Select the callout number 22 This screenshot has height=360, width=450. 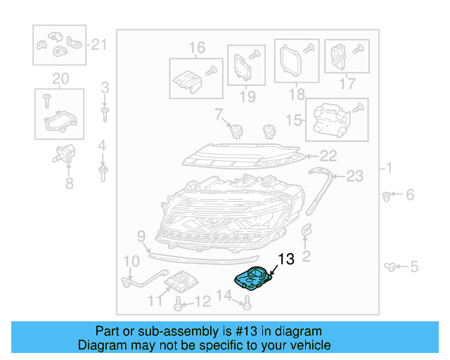pyautogui.click(x=328, y=156)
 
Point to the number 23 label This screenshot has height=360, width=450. pyautogui.click(x=354, y=176)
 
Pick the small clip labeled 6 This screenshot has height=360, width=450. pyautogui.click(x=387, y=195)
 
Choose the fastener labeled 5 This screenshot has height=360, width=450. pyautogui.click(x=390, y=266)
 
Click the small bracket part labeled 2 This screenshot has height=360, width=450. pyautogui.click(x=306, y=232)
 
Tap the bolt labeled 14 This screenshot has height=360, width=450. pyautogui.click(x=247, y=304)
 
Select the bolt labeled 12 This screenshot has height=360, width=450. pyautogui.click(x=179, y=304)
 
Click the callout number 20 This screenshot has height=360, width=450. pyautogui.click(x=60, y=77)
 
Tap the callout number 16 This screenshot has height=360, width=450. pyautogui.click(x=196, y=47)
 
